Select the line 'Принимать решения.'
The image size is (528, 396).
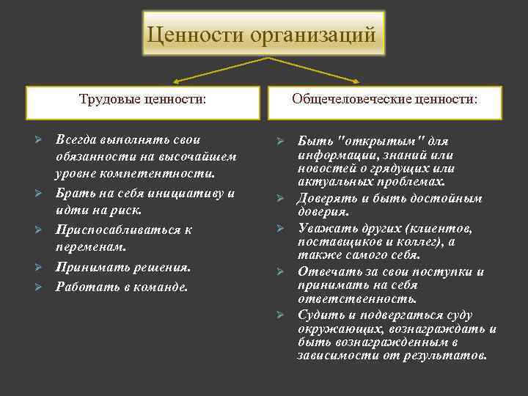(x=123, y=267)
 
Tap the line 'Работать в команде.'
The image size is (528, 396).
(x=122, y=286)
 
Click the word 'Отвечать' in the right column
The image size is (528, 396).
(x=326, y=271)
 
